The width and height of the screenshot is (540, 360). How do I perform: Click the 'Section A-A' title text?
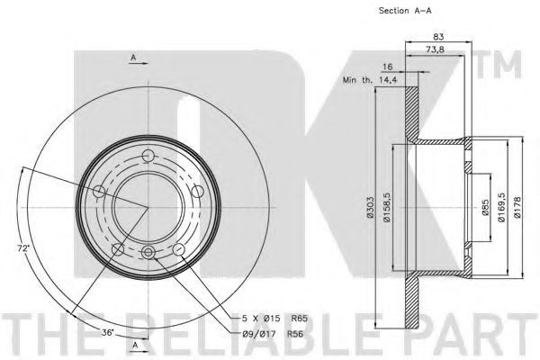405,11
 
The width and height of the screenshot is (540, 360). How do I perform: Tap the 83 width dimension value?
438,36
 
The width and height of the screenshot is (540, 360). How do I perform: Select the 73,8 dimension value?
435,49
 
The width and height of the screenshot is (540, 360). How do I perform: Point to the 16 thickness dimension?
387,67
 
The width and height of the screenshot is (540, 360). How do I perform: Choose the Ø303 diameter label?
370,207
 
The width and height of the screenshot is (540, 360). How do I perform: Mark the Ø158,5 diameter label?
387,207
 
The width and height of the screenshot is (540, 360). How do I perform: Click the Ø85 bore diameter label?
485,207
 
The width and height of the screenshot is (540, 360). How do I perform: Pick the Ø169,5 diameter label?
501,207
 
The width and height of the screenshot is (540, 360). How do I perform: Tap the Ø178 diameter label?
517,207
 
